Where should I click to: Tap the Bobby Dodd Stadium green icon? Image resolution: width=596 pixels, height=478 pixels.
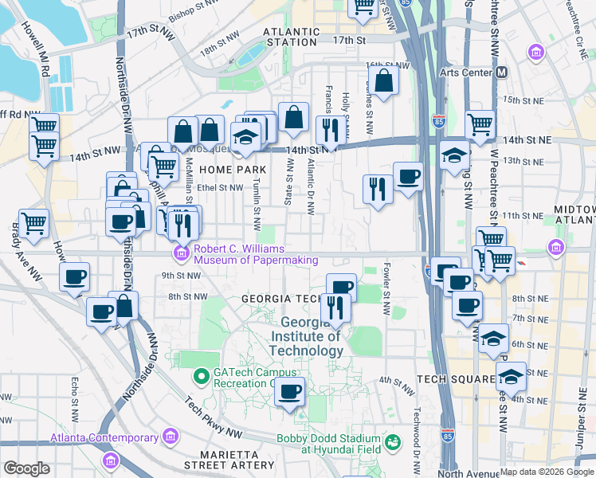tap(392, 441)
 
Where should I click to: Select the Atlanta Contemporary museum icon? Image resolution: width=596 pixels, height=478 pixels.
tap(169, 436)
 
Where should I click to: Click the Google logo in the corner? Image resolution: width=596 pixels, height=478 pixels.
tap(26, 468)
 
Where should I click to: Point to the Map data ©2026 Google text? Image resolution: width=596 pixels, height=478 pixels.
tap(547, 472)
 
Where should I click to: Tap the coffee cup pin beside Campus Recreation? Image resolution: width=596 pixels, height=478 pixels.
tap(291, 391)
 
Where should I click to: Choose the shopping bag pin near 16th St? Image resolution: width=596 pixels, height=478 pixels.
tap(383, 80)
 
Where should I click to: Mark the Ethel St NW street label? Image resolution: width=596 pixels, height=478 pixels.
tap(220, 188)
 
